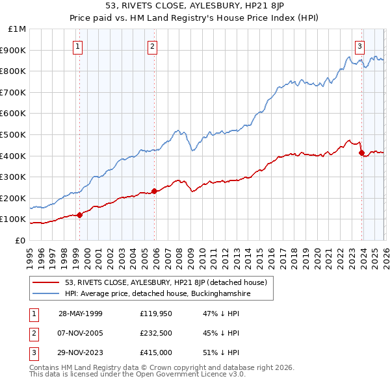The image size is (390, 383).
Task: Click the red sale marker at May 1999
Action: pyautogui.click(x=79, y=215)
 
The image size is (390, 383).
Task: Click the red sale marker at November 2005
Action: pyautogui.click(x=154, y=191)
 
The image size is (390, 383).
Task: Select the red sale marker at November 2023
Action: pyautogui.click(x=361, y=153)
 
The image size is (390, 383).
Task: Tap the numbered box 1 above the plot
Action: pyautogui.click(x=77, y=46)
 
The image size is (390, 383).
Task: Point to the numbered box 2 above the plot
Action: pyautogui.click(x=152, y=46)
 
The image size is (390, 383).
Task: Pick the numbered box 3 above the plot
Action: pyautogui.click(x=359, y=46)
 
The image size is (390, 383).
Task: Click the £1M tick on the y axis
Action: pyautogui.click(x=17, y=29)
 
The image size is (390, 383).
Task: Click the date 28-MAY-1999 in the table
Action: pyautogui.click(x=81, y=314)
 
